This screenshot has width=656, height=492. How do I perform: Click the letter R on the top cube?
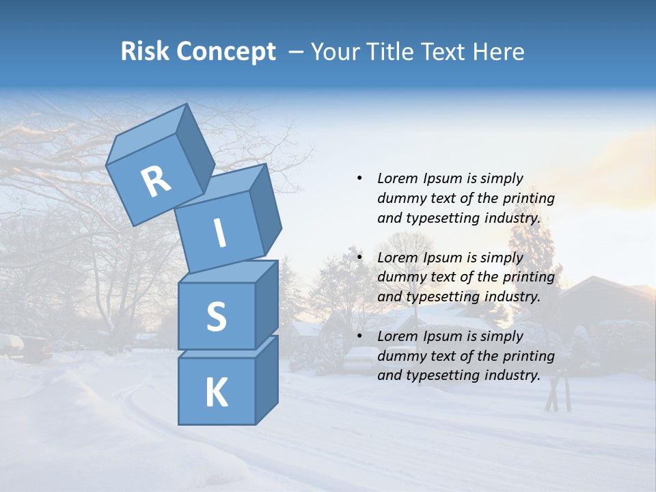[x=156, y=181]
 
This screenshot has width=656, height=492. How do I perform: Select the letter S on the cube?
[x=216, y=316]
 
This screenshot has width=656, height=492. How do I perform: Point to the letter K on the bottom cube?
[x=216, y=393]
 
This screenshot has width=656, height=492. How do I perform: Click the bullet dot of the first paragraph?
[x=359, y=179]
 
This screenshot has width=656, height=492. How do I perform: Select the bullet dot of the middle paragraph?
[x=359, y=258]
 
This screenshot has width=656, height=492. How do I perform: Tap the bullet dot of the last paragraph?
[x=359, y=337]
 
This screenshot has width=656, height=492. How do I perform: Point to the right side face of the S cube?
[x=266, y=304]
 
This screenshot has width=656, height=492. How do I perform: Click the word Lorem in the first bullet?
[x=397, y=179]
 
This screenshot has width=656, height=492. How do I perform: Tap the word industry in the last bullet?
[x=512, y=375]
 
